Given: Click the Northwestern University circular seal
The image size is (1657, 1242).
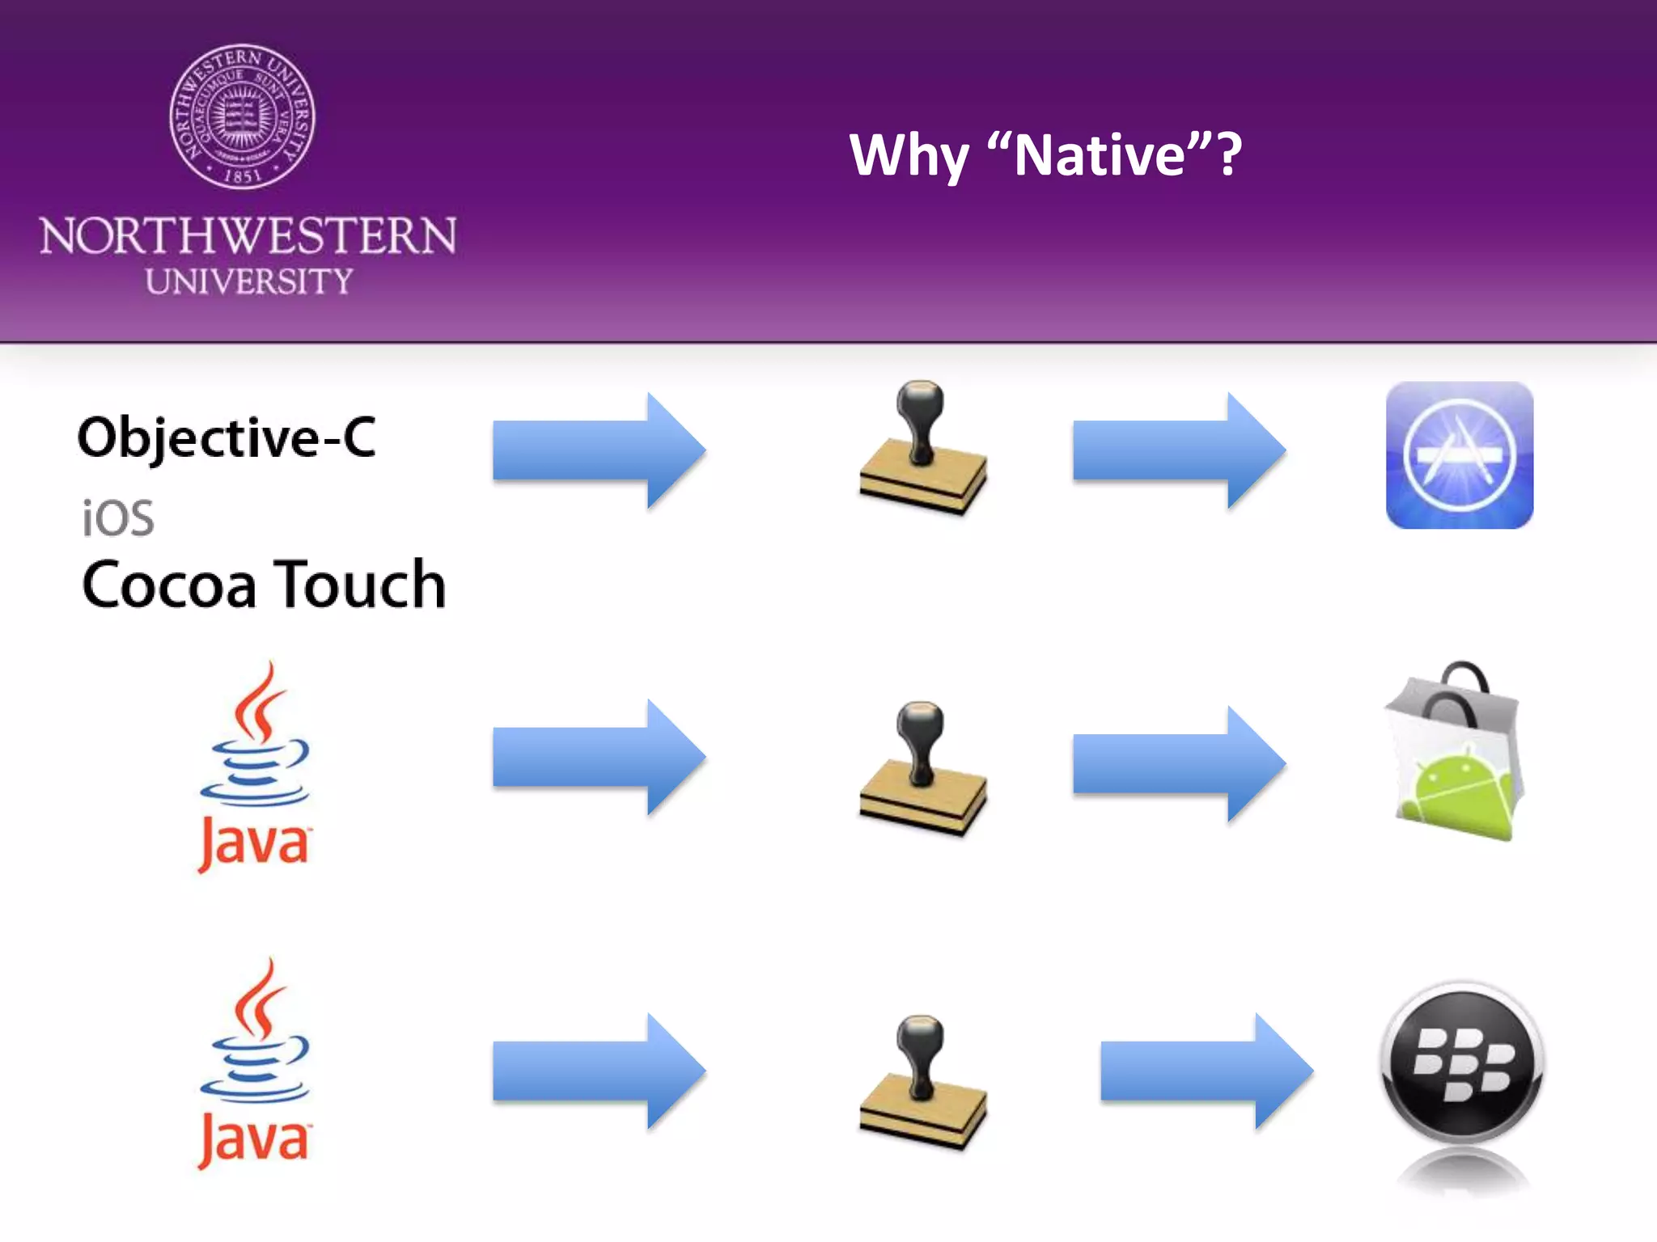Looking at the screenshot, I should tap(242, 117).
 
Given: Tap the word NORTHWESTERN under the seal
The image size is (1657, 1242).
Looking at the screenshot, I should tap(248, 236).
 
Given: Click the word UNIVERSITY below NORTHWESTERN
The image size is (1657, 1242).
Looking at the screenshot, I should tap(249, 281).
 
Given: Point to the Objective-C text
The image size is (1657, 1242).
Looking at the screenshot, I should tap(227, 437).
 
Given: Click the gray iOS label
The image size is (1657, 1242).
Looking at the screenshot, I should tap(118, 517).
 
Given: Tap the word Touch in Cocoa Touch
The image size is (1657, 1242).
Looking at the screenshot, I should tap(361, 585).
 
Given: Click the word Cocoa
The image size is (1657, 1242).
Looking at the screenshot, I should tap(169, 585).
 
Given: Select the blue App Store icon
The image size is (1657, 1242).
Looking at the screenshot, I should tap(1459, 455).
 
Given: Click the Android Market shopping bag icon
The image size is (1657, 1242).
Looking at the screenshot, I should tap(1455, 752).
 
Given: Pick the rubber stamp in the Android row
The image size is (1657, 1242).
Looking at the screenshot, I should tap(922, 768).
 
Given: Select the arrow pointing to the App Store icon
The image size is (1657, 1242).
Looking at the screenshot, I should tap(1177, 450).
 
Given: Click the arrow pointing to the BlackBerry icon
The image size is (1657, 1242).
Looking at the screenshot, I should tap(1206, 1071).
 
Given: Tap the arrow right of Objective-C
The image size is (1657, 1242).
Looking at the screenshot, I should tap(598, 450).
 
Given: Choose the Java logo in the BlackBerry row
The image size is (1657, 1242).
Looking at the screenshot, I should tap(255, 1064).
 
